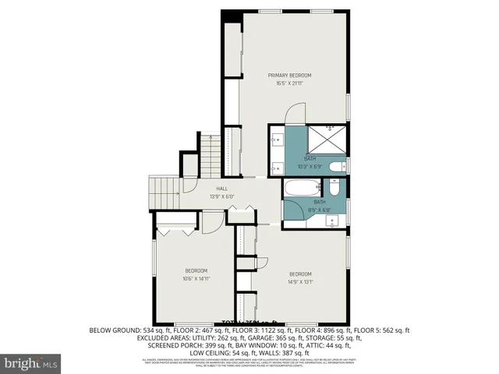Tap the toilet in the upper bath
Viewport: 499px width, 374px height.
(x=337, y=166)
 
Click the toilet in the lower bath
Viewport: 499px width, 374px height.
(x=334, y=188)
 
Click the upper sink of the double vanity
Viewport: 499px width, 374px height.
(x=278, y=140)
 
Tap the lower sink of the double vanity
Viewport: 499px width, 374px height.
(x=278, y=167)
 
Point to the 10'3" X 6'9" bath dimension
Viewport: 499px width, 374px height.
(x=310, y=166)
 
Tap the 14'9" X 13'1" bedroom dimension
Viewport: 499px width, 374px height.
(x=301, y=282)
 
